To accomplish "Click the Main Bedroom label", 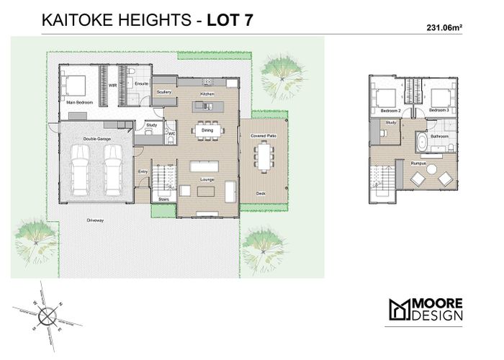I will point(80,103).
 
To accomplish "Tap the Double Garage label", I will point(95,139).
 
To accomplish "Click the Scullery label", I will point(163,92).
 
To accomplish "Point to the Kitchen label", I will point(207,94).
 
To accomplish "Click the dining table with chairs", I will point(207,130).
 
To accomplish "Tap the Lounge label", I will point(207,179).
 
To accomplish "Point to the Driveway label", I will point(95,220).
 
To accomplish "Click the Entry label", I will point(143,171).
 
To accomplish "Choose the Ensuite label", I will point(141,84).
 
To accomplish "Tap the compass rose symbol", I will point(46,314).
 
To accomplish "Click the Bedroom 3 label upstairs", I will point(439,110).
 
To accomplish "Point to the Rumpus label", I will point(419,164).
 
